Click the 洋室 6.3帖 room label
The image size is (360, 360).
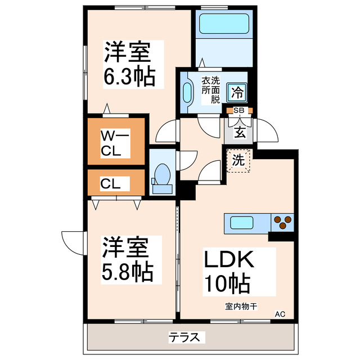click(128, 63)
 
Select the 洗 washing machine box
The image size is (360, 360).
click(238, 159)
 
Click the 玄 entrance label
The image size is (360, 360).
click(239, 133)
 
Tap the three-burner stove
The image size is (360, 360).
click(282, 223)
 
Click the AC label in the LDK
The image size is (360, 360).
click(280, 314)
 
